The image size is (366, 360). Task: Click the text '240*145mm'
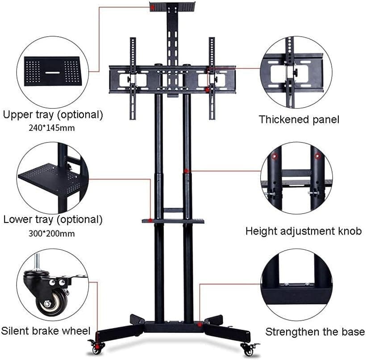52,128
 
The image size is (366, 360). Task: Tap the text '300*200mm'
52,234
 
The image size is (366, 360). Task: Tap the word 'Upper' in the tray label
18,115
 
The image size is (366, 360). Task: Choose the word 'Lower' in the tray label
18,220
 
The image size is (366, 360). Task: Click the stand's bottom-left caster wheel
96,349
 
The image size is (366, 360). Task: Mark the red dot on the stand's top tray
152,8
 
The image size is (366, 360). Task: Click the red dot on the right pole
186,171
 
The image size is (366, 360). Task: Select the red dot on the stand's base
200,324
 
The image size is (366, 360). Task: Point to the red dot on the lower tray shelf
150,220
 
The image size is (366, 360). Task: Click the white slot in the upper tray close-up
53,73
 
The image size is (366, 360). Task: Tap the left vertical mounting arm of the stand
133,79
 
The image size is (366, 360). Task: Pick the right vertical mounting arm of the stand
212,79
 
